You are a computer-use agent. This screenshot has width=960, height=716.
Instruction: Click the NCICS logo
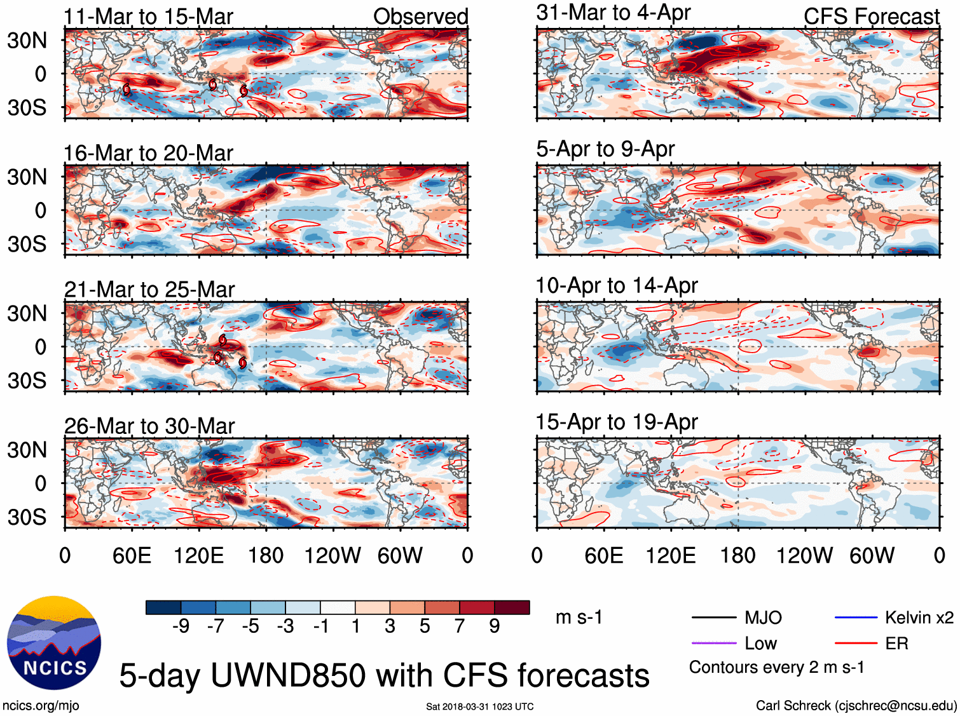coord(54,643)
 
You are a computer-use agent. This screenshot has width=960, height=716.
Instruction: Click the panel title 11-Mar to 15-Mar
coord(148,17)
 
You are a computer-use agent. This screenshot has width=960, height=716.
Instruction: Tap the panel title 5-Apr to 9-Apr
coord(605,149)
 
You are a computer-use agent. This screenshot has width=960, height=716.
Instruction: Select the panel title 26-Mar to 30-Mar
coord(149,426)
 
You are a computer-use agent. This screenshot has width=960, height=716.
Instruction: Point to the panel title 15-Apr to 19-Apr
coord(617,422)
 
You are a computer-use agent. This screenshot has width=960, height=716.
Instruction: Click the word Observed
coord(420,17)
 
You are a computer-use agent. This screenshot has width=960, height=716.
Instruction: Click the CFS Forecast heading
coord(871,17)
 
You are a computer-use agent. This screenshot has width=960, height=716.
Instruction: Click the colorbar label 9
coord(495,626)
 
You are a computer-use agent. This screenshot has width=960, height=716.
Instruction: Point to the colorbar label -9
coord(181,626)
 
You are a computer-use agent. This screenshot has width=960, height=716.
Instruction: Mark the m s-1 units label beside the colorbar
coord(579,618)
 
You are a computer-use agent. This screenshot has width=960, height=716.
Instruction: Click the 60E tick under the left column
coord(132,556)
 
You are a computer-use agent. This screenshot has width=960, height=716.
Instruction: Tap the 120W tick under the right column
coord(804,556)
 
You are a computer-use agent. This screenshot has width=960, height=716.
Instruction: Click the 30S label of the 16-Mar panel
coord(27,244)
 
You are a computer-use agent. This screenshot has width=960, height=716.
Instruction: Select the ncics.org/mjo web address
coord(41,705)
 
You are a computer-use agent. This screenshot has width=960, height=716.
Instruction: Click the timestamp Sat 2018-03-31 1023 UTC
coord(479,706)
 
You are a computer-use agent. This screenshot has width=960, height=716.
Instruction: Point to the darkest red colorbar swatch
coord(512,607)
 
